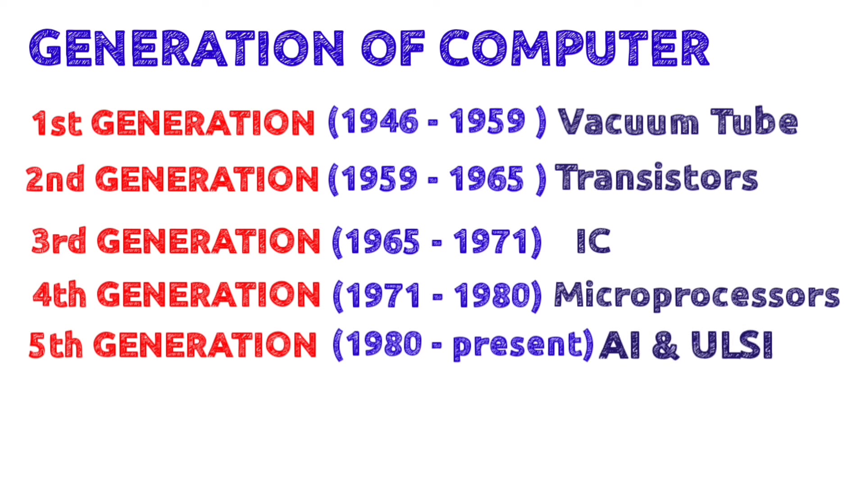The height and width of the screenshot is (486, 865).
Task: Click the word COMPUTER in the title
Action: (575, 48)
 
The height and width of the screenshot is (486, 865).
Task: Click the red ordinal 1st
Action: (57, 123)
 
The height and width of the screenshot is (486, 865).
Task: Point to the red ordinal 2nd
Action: (55, 179)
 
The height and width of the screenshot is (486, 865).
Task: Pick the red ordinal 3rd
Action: (59, 241)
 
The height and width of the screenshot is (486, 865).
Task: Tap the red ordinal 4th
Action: (59, 295)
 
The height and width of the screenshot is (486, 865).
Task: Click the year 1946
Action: (380, 121)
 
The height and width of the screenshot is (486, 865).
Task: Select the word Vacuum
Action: (628, 122)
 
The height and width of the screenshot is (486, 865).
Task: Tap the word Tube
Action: (754, 121)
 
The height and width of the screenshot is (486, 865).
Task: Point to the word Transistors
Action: (656, 178)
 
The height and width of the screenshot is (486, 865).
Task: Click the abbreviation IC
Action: (593, 241)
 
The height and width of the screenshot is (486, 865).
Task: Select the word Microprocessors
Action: (697, 296)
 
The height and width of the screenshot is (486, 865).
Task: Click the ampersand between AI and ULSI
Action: (665, 346)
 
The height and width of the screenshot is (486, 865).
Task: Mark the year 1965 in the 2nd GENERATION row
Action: (487, 179)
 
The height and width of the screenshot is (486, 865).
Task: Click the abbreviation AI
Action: (620, 346)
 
